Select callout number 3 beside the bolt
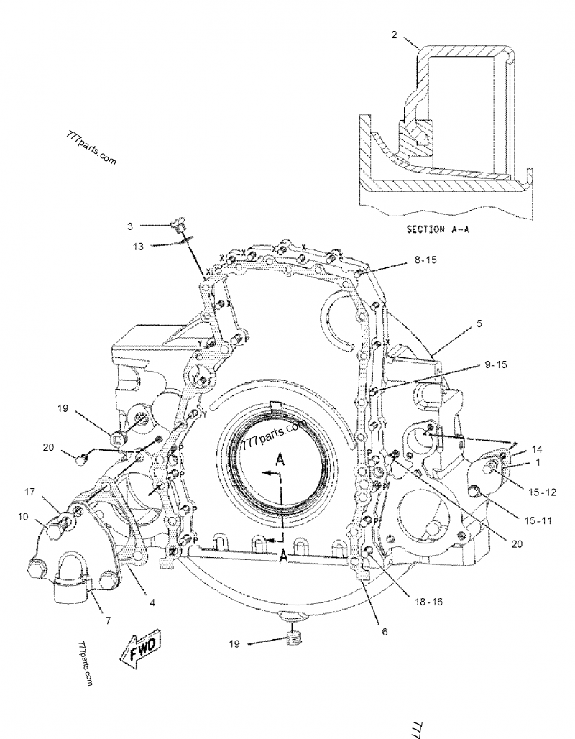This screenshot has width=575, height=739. [x=129, y=226]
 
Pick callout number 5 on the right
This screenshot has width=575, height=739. [x=479, y=323]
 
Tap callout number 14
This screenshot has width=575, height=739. [x=537, y=448]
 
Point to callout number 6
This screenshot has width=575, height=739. [x=385, y=631]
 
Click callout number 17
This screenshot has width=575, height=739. [x=29, y=492]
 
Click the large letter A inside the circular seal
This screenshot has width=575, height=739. [x=281, y=461]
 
